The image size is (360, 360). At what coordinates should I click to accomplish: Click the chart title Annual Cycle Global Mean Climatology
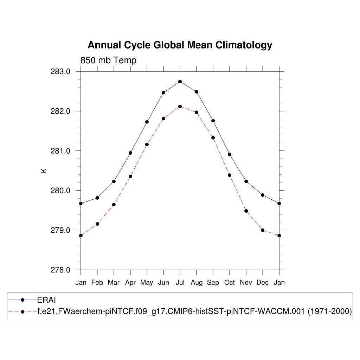[x=180, y=45]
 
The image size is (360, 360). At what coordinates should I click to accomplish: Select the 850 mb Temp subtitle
[x=108, y=60]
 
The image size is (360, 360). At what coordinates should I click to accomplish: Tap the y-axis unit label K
[x=44, y=171]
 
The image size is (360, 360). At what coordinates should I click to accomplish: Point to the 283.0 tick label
[x=60, y=72]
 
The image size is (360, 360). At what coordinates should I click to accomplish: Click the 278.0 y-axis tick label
[x=60, y=270]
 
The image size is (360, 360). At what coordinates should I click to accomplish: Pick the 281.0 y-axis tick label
[x=60, y=151]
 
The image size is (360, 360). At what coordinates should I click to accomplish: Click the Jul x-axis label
[x=180, y=283]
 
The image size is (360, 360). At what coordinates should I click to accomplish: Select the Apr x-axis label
[x=130, y=283]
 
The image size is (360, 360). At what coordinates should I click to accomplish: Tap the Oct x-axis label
[x=230, y=283]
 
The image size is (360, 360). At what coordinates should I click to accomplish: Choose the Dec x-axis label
[x=263, y=283]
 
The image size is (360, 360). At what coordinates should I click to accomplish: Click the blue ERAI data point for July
[x=180, y=82]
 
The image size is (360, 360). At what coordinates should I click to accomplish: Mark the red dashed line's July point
[x=180, y=107]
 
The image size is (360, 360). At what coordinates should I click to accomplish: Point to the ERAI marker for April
[x=130, y=153]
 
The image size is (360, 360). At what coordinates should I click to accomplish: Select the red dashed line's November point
[x=246, y=211]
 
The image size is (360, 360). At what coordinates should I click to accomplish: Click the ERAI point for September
[x=213, y=121]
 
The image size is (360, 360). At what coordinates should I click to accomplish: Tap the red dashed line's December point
[x=263, y=230]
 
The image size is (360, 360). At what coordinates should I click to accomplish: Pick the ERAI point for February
[x=97, y=198]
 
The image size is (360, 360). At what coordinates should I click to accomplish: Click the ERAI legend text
[x=47, y=300]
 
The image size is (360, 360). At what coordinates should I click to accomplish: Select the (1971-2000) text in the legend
[x=330, y=311]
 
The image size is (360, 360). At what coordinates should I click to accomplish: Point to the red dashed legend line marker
[x=22, y=311]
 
